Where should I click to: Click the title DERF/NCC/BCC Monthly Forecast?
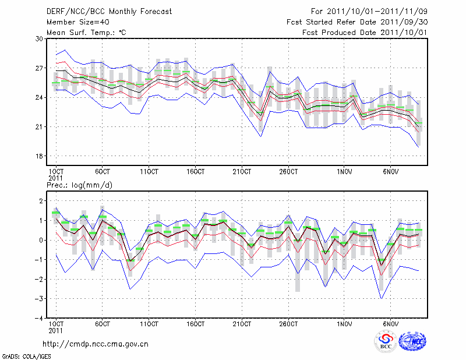click(x=109, y=12)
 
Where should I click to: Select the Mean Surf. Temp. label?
click(x=86, y=33)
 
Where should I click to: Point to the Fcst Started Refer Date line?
click(x=358, y=22)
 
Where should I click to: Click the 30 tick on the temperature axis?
click(x=40, y=38)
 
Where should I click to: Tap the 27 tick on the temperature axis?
click(x=40, y=68)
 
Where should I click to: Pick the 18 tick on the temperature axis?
click(x=40, y=156)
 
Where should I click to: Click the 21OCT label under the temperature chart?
click(x=242, y=172)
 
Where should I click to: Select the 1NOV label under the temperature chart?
click(x=344, y=172)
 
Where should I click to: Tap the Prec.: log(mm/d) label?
click(x=79, y=185)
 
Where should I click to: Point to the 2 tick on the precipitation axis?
click(x=41, y=201)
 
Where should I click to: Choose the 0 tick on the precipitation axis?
click(x=41, y=240)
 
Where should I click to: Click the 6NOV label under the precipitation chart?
click(x=391, y=323)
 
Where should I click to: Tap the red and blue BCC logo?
click(x=386, y=341)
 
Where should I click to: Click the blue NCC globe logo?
click(x=412, y=341)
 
